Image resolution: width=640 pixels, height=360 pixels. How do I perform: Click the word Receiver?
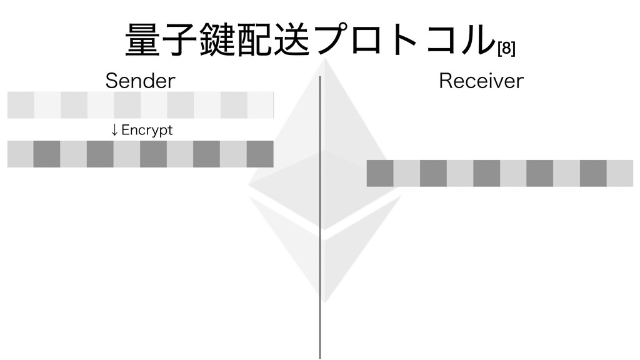coord(481,81)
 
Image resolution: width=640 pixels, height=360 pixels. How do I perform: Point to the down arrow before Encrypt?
coord(114,130)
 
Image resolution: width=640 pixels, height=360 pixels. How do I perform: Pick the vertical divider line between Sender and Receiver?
coord(320,219)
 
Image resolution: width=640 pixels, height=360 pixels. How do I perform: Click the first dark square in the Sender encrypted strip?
coord(47,154)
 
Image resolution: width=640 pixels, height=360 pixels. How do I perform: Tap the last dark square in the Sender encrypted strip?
coord(260,154)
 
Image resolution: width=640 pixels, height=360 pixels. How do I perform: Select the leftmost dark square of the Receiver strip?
coord(380,173)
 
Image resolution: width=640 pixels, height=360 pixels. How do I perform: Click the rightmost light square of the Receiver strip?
coord(620,173)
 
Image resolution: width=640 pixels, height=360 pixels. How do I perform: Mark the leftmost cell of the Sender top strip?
coord(21,105)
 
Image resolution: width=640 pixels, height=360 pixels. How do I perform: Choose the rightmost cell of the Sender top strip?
coord(261,105)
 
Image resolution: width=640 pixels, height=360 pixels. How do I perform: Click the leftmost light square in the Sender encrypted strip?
coord(20,154)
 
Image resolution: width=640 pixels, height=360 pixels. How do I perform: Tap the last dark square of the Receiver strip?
coord(593,173)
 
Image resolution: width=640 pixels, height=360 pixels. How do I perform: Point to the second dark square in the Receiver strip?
coord(433,173)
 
